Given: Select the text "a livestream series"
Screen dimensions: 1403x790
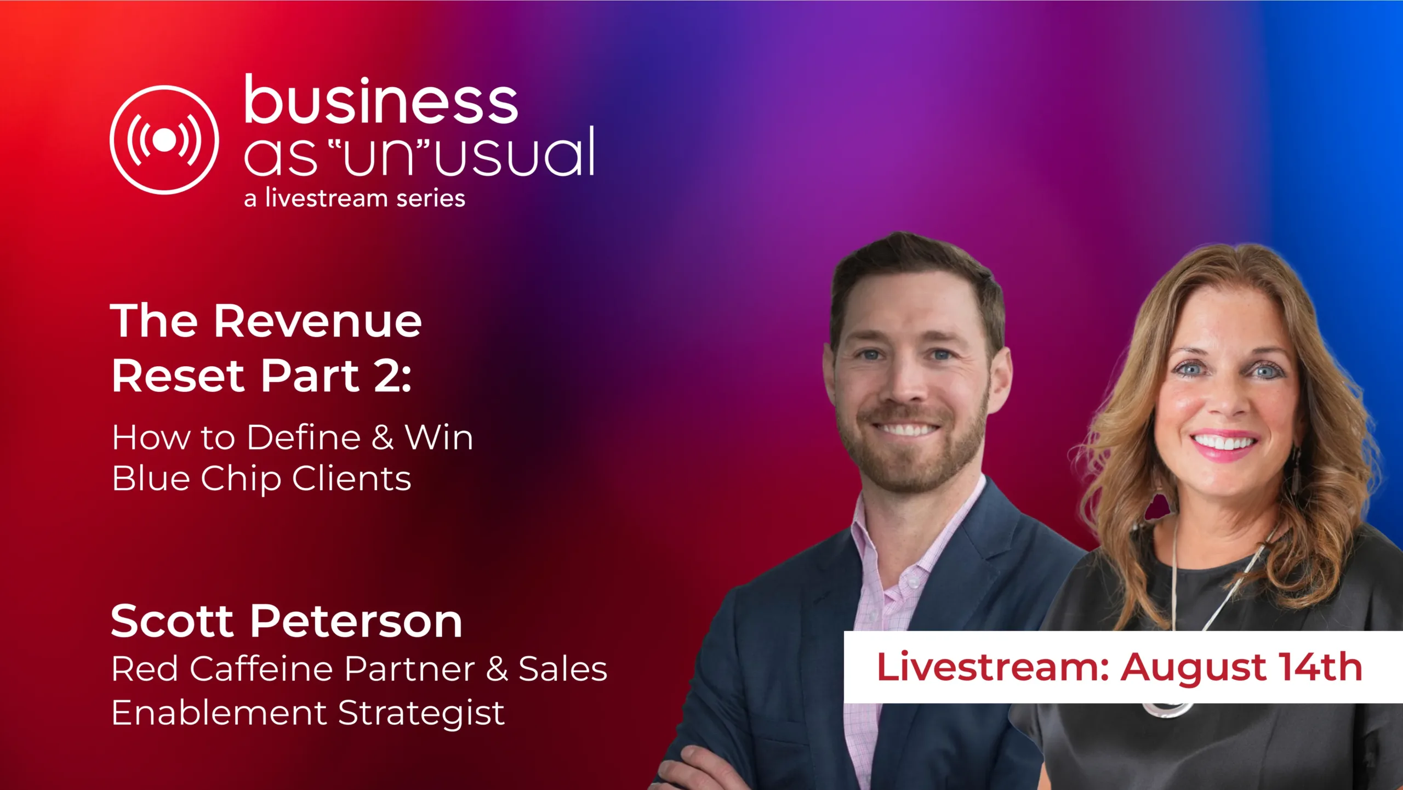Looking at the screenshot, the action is tap(355, 198).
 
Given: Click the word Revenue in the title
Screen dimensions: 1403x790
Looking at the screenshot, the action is tap(318, 321).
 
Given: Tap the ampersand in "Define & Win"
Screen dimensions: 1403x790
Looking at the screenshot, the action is tap(383, 438).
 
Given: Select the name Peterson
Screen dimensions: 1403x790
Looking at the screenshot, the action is tap(357, 622).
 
